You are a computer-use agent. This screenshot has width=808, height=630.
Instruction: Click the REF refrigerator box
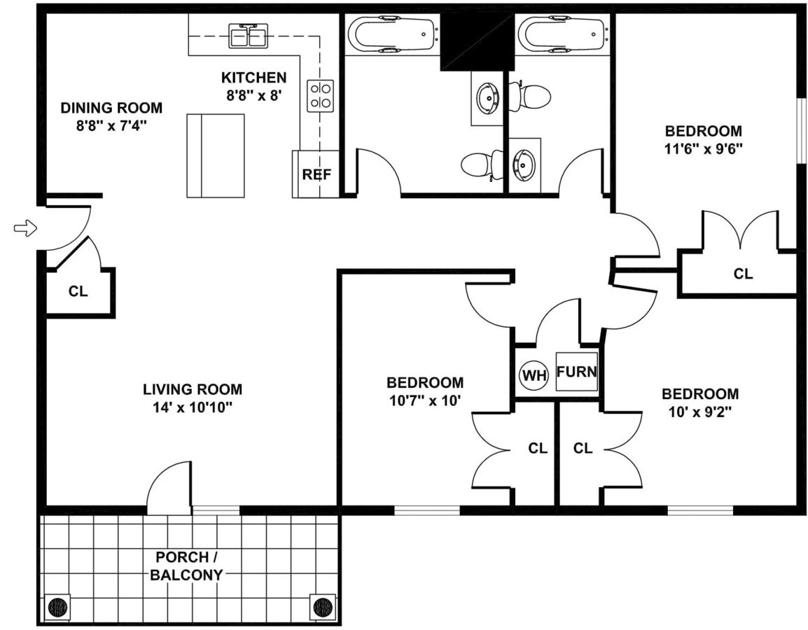pos(316,174)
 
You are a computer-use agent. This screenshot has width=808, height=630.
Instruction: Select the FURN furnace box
pos(577,372)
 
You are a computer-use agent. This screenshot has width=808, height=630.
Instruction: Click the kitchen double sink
pos(248,35)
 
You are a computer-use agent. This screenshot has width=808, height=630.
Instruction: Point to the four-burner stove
pos(321,95)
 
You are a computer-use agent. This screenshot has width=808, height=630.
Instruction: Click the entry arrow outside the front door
pos(25,227)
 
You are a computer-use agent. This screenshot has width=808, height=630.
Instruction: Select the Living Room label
pos(193,389)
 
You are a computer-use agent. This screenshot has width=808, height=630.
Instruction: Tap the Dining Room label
pos(111,108)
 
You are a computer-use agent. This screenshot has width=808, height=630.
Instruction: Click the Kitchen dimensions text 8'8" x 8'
pos(253,95)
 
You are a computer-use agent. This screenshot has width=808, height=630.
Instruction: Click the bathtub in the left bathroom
pos(392,33)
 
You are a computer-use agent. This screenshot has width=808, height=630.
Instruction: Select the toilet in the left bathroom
pos(480,165)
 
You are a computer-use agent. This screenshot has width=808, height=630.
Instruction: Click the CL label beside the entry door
pos(78,291)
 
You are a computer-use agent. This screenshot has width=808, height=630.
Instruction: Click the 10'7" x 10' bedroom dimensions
pos(425,400)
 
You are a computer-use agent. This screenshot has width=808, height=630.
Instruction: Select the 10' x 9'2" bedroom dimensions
pos(700,412)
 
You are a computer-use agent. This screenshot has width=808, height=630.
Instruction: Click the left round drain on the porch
pos(59,606)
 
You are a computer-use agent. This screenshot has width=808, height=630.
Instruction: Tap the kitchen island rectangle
pos(216,155)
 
